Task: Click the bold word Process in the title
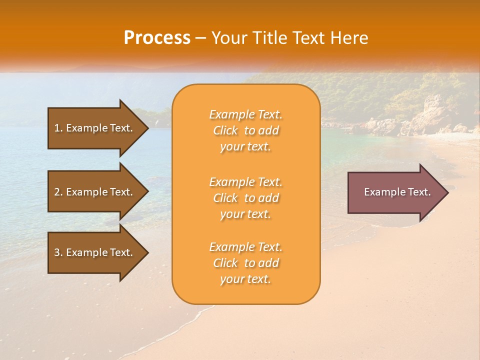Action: [x=157, y=37]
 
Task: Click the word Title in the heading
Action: [x=270, y=37]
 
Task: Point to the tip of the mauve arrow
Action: [x=446, y=192]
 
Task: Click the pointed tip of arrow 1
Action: [x=146, y=128]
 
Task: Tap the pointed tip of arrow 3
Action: [x=146, y=252]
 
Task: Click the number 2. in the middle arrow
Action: [x=58, y=192]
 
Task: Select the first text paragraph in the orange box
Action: [x=245, y=130]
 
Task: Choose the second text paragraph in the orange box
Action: [x=245, y=198]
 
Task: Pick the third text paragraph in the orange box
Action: [x=245, y=263]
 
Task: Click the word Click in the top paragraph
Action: [x=225, y=130]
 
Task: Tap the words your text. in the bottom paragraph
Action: [x=245, y=279]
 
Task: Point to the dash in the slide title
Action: [x=200, y=38]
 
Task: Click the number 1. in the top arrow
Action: [x=58, y=128]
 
